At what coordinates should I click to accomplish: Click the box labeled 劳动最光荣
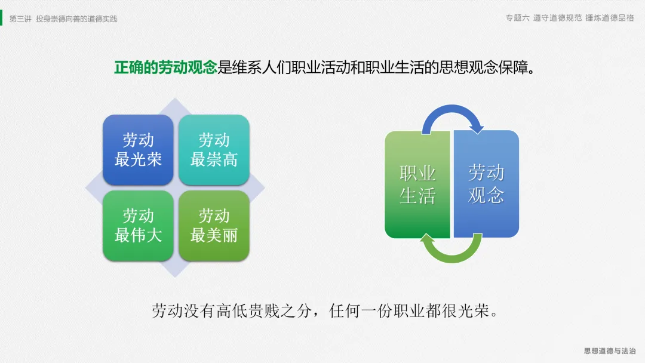point(138,150)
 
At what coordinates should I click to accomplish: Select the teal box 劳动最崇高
point(214,150)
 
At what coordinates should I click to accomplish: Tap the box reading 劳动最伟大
point(138,226)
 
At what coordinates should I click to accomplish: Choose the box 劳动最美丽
point(214,226)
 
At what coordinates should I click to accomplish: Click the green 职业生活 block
point(417,184)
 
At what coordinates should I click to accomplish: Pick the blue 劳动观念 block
point(486,184)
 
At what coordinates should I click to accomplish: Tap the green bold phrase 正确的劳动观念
point(165,67)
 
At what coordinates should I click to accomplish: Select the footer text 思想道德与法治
point(610,350)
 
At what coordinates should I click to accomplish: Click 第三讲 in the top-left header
point(20,19)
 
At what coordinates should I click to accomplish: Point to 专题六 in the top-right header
point(517,18)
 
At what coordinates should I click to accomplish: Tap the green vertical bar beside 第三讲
point(1,18)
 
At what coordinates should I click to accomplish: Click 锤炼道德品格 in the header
point(610,18)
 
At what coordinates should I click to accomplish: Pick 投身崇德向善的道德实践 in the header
point(76,19)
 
